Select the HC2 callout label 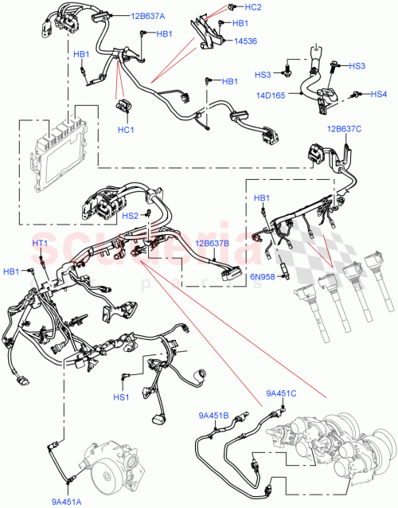[254, 6]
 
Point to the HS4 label [381, 94]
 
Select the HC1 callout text [125, 130]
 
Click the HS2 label [131, 215]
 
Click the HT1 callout [40, 243]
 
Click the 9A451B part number [214, 416]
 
